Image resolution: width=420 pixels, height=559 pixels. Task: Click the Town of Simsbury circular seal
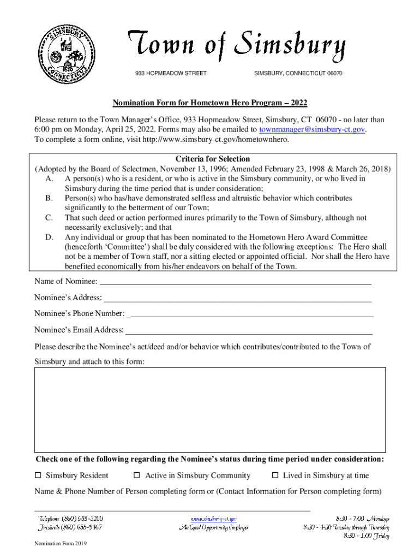pyautogui.click(x=63, y=53)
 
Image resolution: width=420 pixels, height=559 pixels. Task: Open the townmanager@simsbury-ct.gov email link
pyautogui.click(x=312, y=129)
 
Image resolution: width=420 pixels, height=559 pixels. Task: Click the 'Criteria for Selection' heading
pyautogui.click(x=213, y=159)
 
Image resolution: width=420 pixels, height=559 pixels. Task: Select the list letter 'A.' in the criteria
pyautogui.click(x=50, y=179)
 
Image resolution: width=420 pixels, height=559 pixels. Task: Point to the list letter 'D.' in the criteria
pyautogui.click(x=50, y=237)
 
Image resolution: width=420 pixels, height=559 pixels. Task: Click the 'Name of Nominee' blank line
pyautogui.click(x=236, y=282)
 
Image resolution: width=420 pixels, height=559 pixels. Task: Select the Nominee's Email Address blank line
pyautogui.click(x=249, y=330)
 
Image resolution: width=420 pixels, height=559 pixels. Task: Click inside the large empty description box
pyautogui.click(x=210, y=409)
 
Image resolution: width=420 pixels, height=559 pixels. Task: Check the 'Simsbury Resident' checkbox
pyautogui.click(x=38, y=475)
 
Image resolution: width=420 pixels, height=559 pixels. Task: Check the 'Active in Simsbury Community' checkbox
pyautogui.click(x=137, y=475)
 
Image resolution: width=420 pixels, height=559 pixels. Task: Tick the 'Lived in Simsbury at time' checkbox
pyautogui.click(x=275, y=475)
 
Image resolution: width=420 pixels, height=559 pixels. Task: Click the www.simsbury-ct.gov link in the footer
pyautogui.click(x=214, y=518)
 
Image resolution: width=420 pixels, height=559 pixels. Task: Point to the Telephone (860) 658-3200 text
pyautogui.click(x=70, y=518)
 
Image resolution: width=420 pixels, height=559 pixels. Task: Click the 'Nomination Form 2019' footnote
pyautogui.click(x=60, y=544)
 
